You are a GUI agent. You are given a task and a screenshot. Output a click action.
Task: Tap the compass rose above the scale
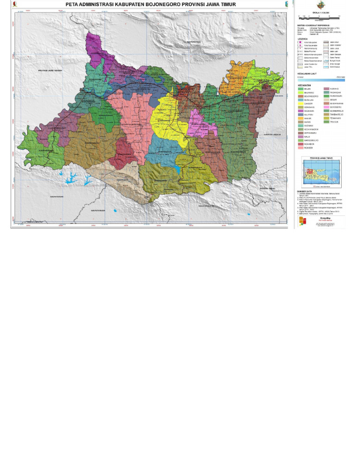tap(321, 6)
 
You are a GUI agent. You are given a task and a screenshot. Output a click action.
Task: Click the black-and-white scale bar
tap(319, 18)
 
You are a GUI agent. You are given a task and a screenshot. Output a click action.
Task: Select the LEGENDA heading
tap(303, 39)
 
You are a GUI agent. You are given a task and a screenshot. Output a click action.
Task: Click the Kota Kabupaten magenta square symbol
tap(300, 43)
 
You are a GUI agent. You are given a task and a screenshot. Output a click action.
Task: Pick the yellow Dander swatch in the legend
tap(300, 103)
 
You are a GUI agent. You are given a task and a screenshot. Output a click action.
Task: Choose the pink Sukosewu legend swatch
tap(326, 107)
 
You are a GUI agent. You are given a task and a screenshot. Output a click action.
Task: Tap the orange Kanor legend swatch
tap(300, 118)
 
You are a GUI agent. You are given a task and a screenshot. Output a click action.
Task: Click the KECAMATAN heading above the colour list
tap(304, 85)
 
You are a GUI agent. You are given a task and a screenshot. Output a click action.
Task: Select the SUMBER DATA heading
tap(305, 191)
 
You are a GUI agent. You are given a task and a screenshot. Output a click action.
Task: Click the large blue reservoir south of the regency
tap(71, 177)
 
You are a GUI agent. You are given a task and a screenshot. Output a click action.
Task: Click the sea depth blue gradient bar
tap(321, 80)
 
